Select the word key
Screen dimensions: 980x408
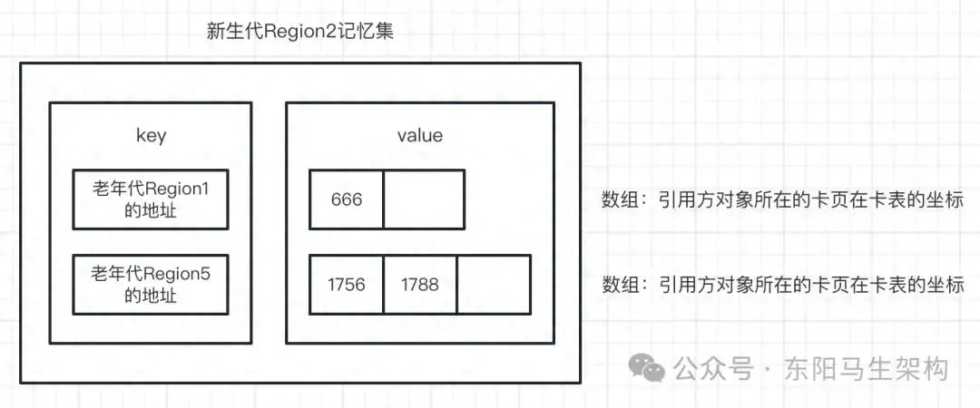pos(150,136)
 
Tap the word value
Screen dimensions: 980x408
pos(419,136)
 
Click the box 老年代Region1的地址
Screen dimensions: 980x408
pos(151,199)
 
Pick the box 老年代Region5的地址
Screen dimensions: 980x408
pos(151,284)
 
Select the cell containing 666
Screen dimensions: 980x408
pos(346,199)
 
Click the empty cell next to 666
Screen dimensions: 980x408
pos(424,199)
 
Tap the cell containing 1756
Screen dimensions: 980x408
pos(346,285)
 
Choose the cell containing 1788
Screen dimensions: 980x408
pos(419,285)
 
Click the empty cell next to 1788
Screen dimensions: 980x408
pos(493,285)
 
